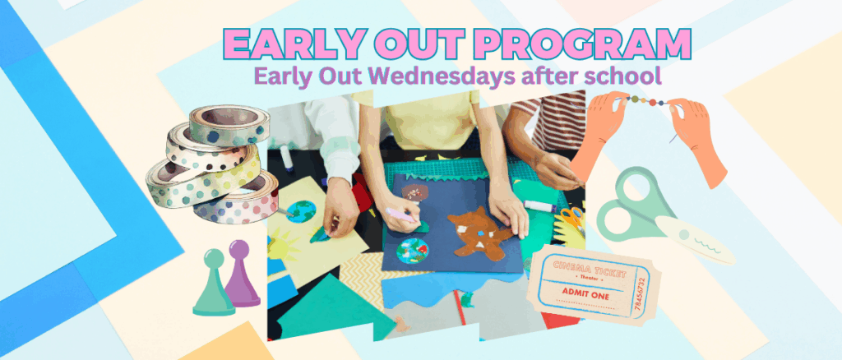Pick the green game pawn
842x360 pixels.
pyautogui.click(x=213, y=283)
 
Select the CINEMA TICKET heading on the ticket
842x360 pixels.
pyautogui.click(x=589, y=270)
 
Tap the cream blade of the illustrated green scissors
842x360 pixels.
pyautogui.click(x=695, y=239)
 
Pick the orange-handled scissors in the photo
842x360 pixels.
pyautogui.click(x=573, y=220)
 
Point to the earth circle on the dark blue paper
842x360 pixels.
pyautogui.click(x=413, y=251)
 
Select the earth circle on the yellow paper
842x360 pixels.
pyautogui.click(x=301, y=211)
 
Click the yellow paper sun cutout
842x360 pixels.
pyautogui.click(x=282, y=244)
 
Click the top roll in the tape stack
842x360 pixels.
pyautogui.click(x=229, y=124)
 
